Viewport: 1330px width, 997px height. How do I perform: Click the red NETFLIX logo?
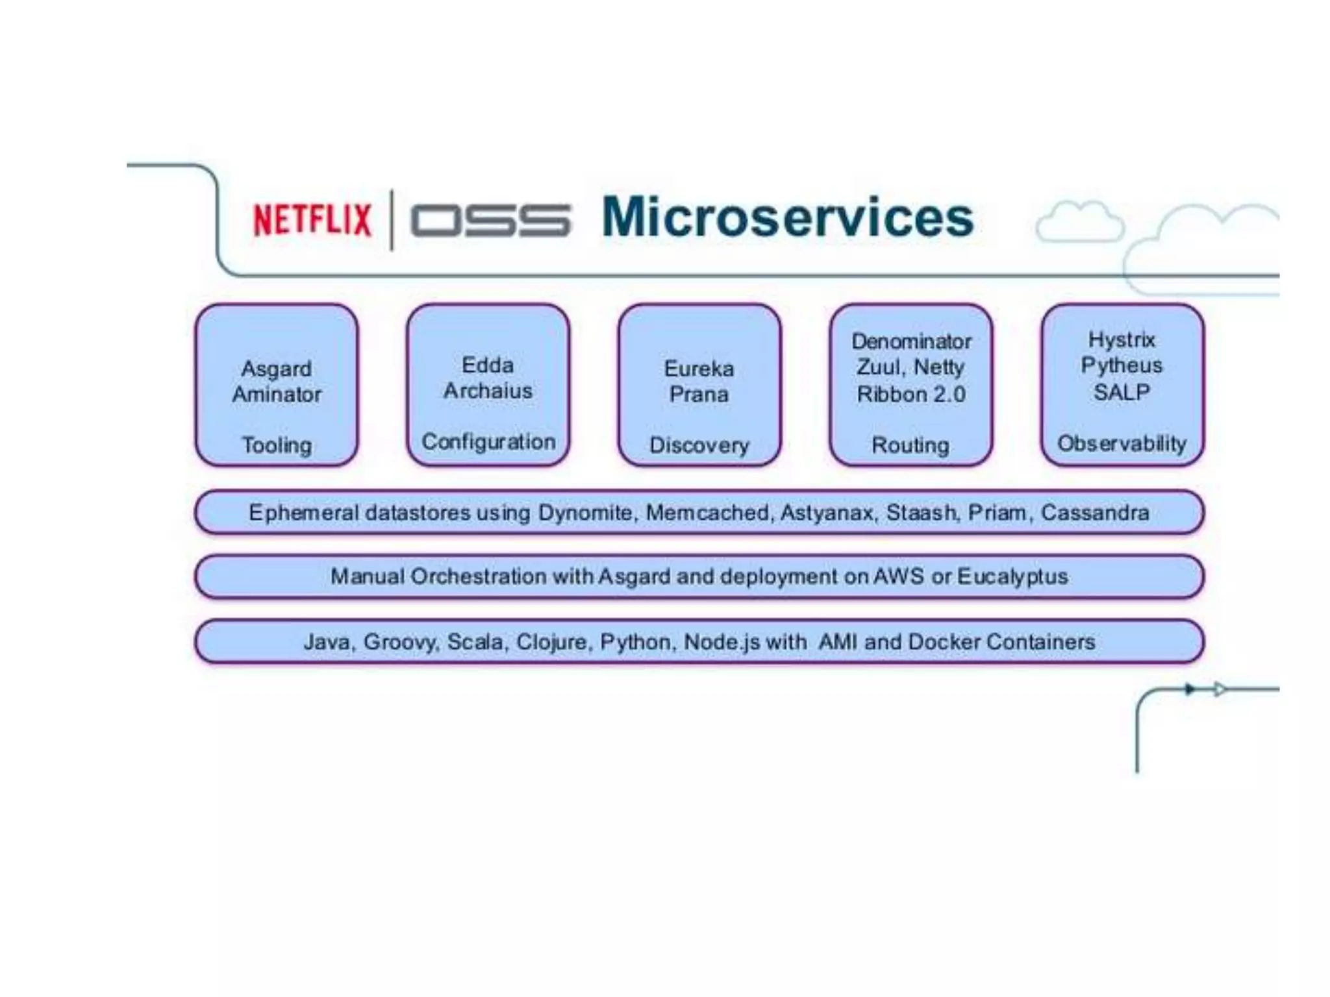point(312,219)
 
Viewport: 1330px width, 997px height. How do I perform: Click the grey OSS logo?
point(490,220)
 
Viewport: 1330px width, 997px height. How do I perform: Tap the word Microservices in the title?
point(787,217)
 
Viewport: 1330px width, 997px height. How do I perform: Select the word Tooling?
point(277,445)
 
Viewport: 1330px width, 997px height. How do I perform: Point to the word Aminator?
point(277,394)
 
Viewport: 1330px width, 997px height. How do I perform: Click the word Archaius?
point(488,391)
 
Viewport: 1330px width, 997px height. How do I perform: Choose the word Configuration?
point(488,442)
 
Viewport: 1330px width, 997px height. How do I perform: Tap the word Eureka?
point(699,369)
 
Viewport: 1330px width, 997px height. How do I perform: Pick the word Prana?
point(699,394)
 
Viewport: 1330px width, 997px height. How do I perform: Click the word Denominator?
point(911,341)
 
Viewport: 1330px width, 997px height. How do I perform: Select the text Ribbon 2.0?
point(911,394)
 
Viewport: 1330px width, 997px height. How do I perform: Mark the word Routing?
point(910,445)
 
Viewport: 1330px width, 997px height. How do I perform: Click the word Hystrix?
point(1122,339)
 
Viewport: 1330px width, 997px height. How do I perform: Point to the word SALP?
point(1122,392)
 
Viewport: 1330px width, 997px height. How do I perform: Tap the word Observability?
point(1122,443)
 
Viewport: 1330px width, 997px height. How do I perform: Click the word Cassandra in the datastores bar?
point(1095,513)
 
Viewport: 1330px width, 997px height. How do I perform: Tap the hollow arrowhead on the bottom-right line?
point(1220,689)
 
